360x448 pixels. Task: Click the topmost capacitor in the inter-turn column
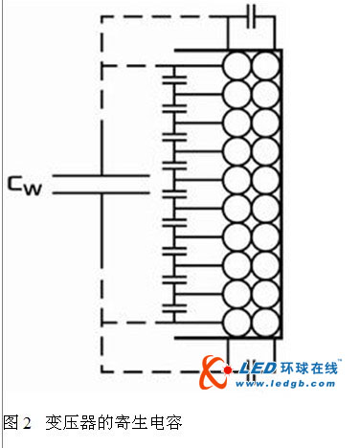[x=173, y=78]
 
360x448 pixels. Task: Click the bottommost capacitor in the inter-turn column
[x=173, y=309]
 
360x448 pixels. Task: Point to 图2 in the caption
[x=15, y=421]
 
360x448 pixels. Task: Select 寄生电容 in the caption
[x=147, y=421]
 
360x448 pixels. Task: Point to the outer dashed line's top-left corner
[x=101, y=15]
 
